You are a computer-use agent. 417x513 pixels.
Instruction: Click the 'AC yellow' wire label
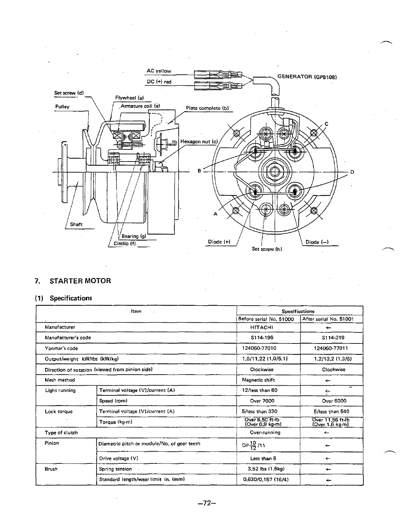click(x=159, y=71)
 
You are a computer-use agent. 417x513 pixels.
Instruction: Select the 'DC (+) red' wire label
click(x=159, y=82)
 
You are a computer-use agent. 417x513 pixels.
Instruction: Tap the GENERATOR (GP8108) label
click(x=307, y=77)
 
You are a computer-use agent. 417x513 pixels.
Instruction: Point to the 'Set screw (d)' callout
click(x=69, y=93)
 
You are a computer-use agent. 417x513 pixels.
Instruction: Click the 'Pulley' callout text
click(x=62, y=107)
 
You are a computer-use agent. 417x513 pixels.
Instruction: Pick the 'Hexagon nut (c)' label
click(x=199, y=141)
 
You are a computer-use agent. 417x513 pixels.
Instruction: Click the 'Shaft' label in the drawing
click(x=76, y=224)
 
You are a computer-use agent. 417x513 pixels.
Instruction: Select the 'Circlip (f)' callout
click(x=125, y=243)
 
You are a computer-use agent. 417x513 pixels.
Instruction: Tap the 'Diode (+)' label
click(x=219, y=242)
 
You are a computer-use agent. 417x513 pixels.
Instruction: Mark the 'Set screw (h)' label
click(x=267, y=249)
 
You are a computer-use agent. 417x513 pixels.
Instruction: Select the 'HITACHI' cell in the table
click(x=261, y=327)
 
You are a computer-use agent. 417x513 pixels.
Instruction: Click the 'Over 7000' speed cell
click(x=262, y=401)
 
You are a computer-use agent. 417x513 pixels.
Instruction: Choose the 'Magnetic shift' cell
click(x=258, y=380)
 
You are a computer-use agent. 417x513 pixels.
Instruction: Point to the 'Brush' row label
click(x=51, y=469)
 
